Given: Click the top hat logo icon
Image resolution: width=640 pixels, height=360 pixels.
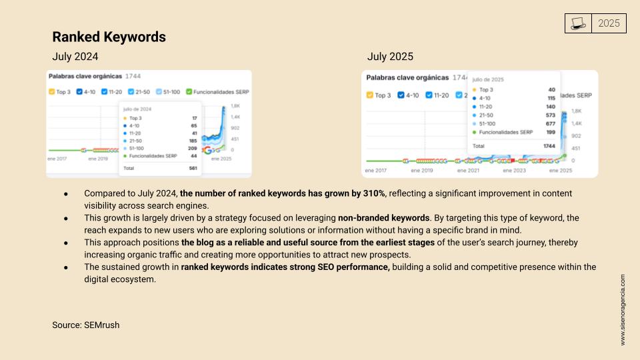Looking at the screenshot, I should click(578, 24).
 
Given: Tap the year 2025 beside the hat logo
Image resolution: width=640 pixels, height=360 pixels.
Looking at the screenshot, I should click(609, 23).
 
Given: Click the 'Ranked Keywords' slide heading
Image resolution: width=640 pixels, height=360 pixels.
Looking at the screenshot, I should click(109, 37).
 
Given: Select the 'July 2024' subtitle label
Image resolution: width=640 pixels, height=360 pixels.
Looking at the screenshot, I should click(75, 57).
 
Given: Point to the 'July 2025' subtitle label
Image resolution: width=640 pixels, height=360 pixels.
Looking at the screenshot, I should click(390, 57).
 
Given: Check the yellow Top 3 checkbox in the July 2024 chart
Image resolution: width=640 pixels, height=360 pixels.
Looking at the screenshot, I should click(53, 91).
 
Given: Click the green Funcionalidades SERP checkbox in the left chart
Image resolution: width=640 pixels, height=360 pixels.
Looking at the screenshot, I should click(189, 91).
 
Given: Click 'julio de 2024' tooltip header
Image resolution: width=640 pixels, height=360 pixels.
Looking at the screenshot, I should click(138, 109).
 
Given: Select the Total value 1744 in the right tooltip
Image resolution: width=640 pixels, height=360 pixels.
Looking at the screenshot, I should click(548, 145).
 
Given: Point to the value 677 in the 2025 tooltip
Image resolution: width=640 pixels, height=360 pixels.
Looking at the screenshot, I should click(550, 123).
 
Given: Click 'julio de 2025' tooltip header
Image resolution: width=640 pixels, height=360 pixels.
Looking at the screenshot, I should click(488, 79).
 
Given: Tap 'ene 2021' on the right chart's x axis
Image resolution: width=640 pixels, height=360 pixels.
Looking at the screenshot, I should click(467, 171).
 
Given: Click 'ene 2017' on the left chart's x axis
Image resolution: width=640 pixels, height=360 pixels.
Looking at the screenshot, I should click(57, 159).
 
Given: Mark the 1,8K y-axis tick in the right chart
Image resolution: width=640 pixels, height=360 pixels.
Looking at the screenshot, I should click(577, 111).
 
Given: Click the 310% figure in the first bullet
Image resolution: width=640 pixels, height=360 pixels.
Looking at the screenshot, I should click(373, 193).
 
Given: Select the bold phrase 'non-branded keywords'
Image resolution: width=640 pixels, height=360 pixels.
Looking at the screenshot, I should click(383, 217).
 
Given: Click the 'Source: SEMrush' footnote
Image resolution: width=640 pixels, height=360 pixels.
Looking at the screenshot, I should click(85, 325).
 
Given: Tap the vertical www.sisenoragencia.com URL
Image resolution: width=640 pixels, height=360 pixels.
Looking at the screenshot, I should click(623, 309).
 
